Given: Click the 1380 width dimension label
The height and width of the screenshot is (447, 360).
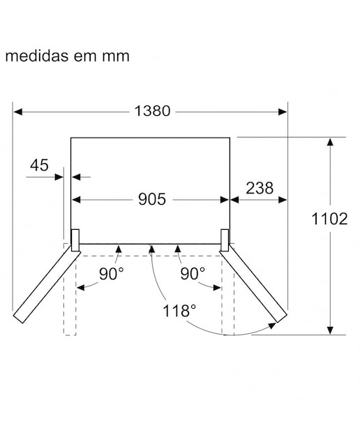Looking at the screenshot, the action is click(x=152, y=111).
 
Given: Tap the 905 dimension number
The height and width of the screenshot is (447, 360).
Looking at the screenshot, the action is click(x=152, y=199).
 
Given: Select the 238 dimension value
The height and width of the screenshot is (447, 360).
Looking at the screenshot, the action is click(x=260, y=188).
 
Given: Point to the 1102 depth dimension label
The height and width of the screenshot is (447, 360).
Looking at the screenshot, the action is click(x=329, y=219).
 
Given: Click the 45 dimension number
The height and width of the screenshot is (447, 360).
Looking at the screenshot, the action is click(x=39, y=165).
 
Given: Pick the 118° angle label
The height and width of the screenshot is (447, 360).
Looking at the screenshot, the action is click(x=179, y=311).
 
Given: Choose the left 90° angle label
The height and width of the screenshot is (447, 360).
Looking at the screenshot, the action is click(x=112, y=274).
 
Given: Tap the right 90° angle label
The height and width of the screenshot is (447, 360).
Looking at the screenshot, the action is click(x=193, y=274).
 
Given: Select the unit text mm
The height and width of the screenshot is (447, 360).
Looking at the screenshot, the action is click(x=116, y=57).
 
